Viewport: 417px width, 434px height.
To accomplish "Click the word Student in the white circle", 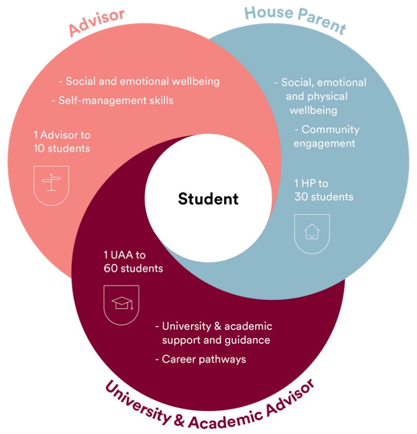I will coord(208,198).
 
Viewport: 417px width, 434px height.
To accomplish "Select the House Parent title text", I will coord(295,19).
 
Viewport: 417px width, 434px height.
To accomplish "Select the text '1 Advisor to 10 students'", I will coord(62,141).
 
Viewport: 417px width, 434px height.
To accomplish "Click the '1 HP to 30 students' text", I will coord(323,190).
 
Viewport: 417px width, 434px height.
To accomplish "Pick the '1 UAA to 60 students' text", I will coord(133,262).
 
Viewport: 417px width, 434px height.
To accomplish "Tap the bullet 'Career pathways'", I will coord(200,359).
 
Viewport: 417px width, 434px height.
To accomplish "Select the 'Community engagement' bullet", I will coord(326,136).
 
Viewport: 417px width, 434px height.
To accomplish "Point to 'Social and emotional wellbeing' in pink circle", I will coord(139,81).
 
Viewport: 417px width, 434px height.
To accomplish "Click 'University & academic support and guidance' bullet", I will coord(214,333).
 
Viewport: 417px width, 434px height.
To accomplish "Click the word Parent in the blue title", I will coord(321,23).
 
